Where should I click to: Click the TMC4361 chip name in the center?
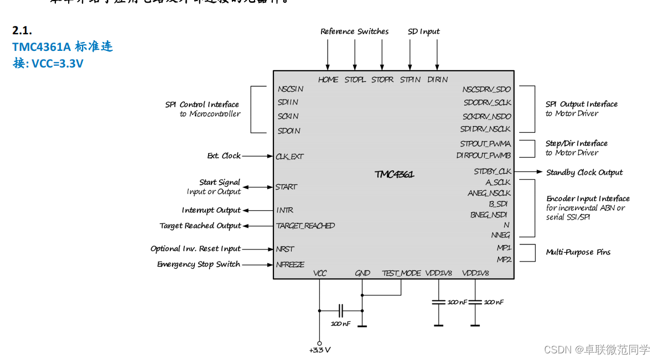(x=394, y=174)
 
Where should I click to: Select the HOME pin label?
(x=328, y=80)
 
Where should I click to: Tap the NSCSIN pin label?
(x=291, y=88)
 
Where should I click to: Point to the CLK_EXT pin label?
(x=289, y=156)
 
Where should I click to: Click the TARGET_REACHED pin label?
(x=305, y=226)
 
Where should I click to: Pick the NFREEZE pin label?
(x=290, y=264)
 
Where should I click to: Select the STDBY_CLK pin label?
(x=492, y=171)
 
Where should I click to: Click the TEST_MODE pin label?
(x=401, y=273)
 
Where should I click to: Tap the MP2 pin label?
(x=504, y=259)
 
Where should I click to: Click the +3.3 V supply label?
(x=320, y=350)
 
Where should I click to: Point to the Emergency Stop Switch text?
(x=199, y=264)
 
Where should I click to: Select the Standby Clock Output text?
(x=584, y=173)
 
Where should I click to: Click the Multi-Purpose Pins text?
(x=578, y=252)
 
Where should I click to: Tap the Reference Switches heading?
(x=355, y=32)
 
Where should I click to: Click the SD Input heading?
(x=424, y=32)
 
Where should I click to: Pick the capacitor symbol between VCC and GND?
(x=341, y=311)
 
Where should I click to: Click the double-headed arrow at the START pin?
(x=258, y=187)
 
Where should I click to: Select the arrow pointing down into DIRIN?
(x=437, y=55)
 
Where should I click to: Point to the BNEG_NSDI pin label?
(x=489, y=215)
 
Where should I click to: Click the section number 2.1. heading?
(x=26, y=31)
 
